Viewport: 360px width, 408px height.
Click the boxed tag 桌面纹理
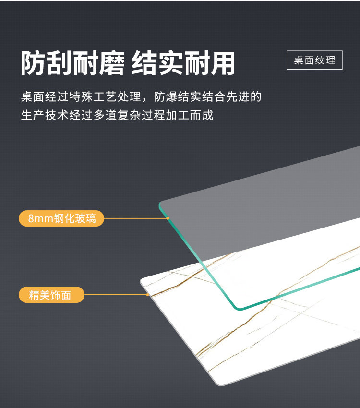coord(314,60)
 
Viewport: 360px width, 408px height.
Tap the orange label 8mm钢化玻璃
coord(61,218)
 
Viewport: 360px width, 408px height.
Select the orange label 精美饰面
coord(51,295)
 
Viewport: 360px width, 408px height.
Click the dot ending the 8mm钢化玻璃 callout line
coord(168,218)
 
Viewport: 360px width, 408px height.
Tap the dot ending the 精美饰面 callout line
coord(147,294)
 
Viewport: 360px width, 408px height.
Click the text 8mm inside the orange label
coord(39,219)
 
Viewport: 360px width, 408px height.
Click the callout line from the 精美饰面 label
coord(115,294)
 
